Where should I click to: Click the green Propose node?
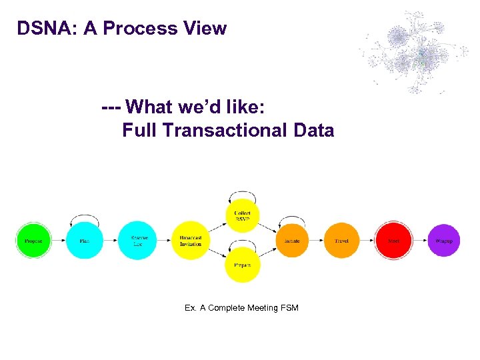33,241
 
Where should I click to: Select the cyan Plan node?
85,241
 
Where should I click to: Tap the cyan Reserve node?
137,241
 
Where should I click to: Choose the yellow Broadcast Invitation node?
191,241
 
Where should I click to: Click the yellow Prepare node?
243,265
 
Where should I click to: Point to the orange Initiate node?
292,241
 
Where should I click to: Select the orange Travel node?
341,241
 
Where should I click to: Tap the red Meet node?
393,241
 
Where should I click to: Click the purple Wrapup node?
444,241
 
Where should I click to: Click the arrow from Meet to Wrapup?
420,241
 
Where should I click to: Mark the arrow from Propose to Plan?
59,241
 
